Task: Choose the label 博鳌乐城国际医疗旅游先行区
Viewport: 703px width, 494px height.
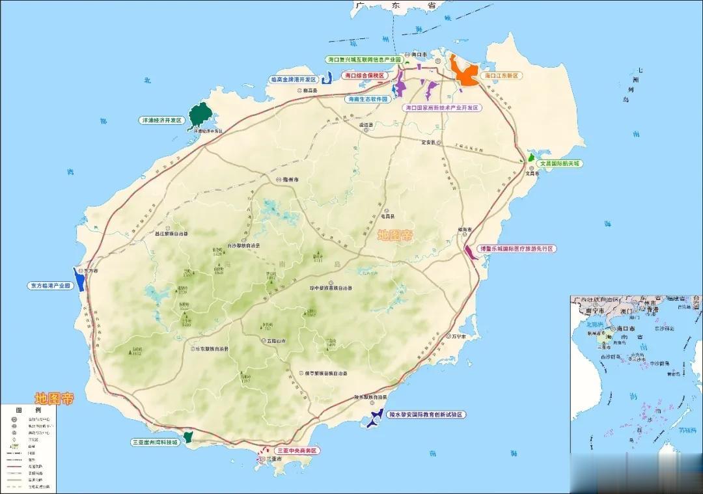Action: coord(517,249)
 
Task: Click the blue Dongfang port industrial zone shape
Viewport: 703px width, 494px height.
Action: coord(79,279)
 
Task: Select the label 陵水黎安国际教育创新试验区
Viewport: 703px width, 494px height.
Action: coord(427,415)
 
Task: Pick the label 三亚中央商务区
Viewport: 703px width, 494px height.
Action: coord(297,450)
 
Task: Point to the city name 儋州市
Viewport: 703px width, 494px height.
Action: coord(290,179)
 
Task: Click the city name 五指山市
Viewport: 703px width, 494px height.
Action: coord(275,340)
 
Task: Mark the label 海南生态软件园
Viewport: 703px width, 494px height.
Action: coord(367,100)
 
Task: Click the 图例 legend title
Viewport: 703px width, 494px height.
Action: coord(29,411)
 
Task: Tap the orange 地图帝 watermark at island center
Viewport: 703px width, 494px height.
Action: coord(394,236)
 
